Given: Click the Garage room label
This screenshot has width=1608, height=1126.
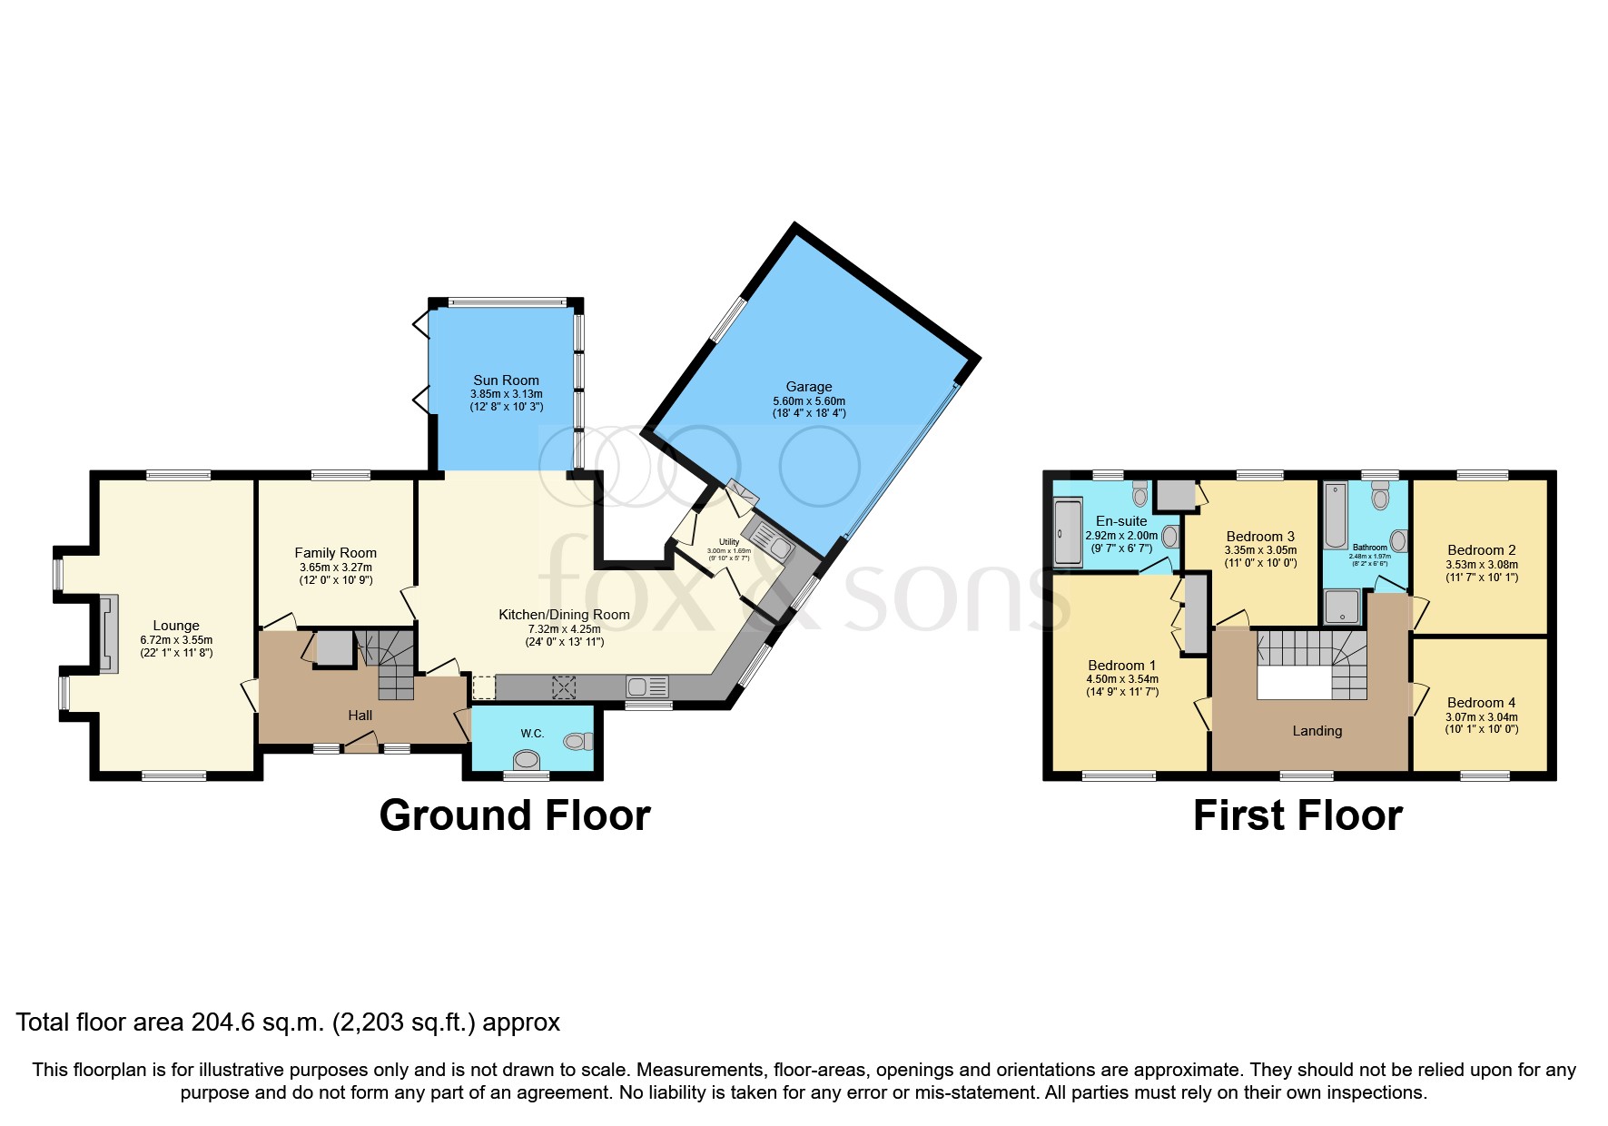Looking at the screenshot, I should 808,387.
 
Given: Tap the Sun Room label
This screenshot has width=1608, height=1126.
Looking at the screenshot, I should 506,380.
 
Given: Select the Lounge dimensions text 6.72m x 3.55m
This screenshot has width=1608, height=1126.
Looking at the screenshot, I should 176,639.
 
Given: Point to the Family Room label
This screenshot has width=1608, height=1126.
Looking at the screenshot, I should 335,552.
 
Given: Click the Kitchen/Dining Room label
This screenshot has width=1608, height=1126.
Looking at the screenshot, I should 564,615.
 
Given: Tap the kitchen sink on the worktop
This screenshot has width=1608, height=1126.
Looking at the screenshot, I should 646,687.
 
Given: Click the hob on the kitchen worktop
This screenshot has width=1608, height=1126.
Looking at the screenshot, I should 564,687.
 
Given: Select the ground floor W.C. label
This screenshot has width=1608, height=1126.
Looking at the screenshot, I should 532,733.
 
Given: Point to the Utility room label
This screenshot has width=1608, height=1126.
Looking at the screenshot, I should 729,542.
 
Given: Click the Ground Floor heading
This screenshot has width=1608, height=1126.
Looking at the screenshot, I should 514,815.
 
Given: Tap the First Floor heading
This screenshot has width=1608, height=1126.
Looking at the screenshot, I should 1297,815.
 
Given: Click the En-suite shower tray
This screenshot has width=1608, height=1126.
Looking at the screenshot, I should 1067,533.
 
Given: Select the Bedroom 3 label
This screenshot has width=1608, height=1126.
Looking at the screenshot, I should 1260,536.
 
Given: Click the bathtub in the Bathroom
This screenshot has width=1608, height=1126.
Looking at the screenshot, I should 1336,516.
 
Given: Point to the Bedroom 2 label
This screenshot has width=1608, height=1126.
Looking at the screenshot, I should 1481,549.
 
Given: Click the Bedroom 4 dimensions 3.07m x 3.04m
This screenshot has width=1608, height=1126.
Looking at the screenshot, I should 1481,716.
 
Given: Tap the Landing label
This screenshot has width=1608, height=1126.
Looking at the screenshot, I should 1317,731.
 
